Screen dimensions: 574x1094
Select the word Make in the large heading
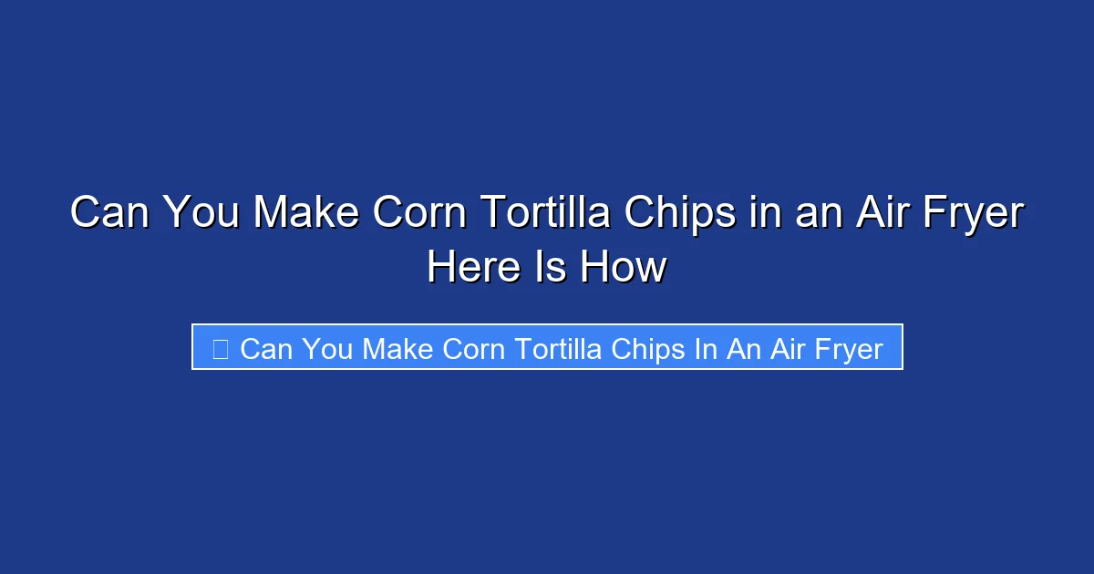(x=305, y=214)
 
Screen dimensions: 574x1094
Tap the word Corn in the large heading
(x=420, y=214)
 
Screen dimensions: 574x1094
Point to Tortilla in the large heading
(x=547, y=214)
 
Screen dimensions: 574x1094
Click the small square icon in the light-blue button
(x=220, y=348)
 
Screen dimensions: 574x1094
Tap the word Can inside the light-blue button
(x=265, y=348)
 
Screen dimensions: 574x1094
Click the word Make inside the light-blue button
(x=398, y=348)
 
